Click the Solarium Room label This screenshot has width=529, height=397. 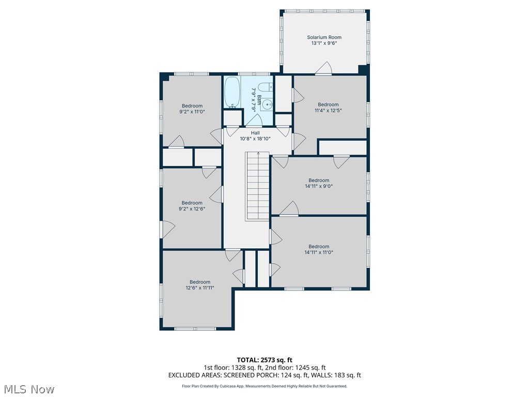pos(324,37)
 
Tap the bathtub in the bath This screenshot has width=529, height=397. pos(231,93)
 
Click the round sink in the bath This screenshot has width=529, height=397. pos(267,105)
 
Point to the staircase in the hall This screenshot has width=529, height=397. pos(257,186)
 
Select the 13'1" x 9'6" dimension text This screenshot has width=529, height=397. pos(324,44)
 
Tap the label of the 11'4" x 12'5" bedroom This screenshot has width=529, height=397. pos(328,104)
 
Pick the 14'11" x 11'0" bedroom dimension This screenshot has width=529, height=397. pos(319,253)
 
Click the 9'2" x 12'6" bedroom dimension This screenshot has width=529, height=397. pos(192,209)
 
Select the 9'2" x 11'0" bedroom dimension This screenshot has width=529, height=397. pos(192,112)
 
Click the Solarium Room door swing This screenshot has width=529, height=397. pos(324,69)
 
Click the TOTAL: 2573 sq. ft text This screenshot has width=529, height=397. pos(264,360)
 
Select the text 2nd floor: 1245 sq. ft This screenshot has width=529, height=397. pos(296,368)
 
